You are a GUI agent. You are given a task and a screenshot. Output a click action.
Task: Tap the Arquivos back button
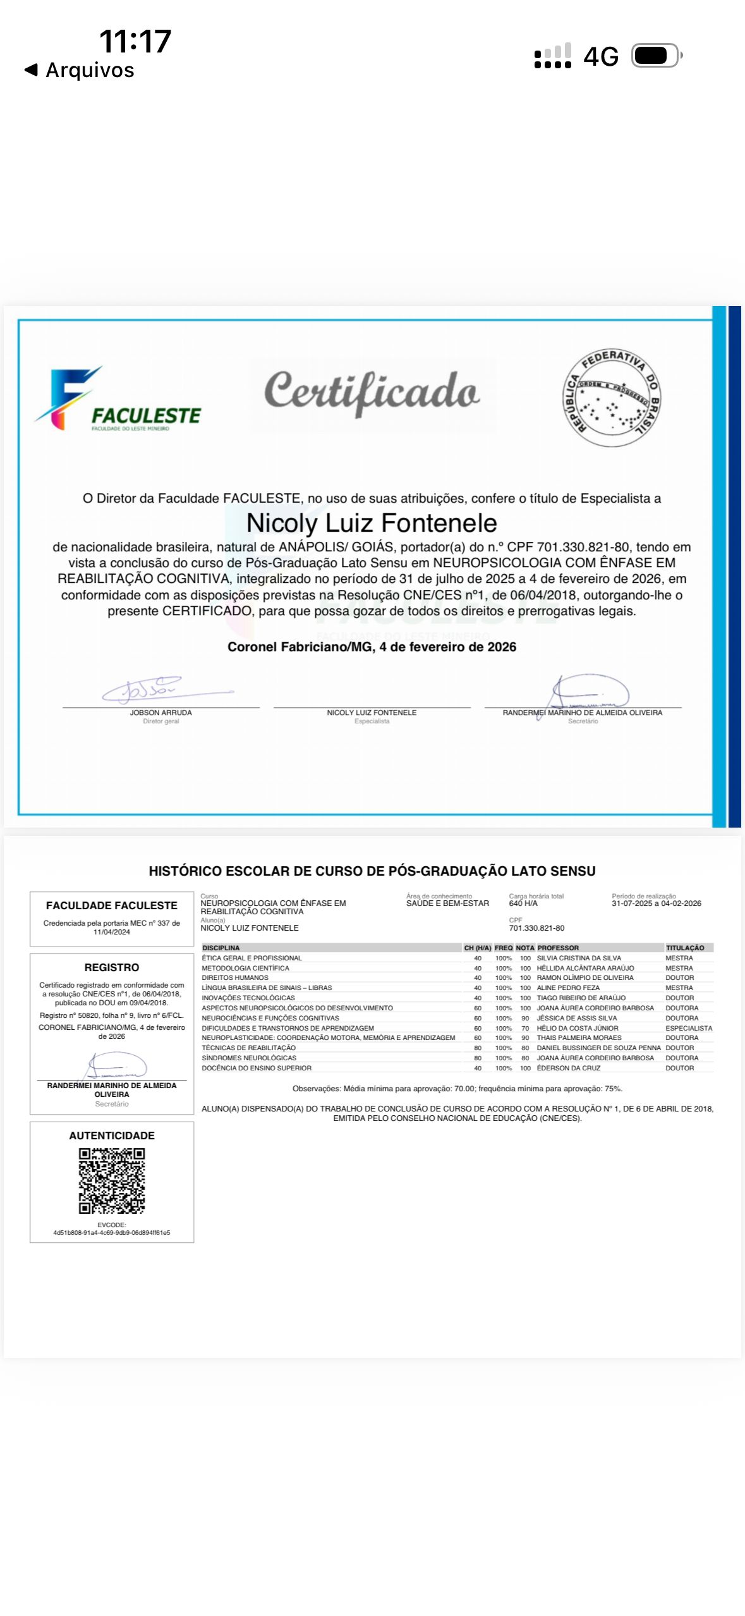click(80, 70)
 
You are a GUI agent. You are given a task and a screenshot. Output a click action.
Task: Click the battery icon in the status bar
click(656, 56)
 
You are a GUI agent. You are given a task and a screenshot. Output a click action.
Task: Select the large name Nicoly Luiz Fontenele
click(372, 523)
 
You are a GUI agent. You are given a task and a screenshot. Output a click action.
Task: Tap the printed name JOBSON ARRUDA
click(161, 713)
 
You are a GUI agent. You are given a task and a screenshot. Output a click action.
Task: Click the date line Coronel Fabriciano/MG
click(372, 647)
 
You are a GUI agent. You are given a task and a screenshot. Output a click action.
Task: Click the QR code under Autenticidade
click(112, 1181)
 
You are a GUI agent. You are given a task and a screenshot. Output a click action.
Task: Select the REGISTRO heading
click(112, 967)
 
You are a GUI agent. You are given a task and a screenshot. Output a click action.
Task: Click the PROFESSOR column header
click(558, 948)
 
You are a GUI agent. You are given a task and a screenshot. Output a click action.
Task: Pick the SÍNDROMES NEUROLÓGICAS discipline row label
click(249, 1058)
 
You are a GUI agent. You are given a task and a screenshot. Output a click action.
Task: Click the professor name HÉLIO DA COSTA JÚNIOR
click(578, 1028)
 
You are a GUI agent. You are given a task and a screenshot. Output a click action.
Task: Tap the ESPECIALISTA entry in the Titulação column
click(689, 1028)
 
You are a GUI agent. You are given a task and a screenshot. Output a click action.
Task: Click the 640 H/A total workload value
click(523, 903)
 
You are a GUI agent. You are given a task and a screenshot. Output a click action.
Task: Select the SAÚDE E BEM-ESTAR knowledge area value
click(447, 903)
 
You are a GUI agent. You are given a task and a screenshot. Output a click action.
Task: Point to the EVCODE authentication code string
click(112, 1233)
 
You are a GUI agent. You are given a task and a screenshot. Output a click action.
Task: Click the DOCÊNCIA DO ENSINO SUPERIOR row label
click(257, 1068)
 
